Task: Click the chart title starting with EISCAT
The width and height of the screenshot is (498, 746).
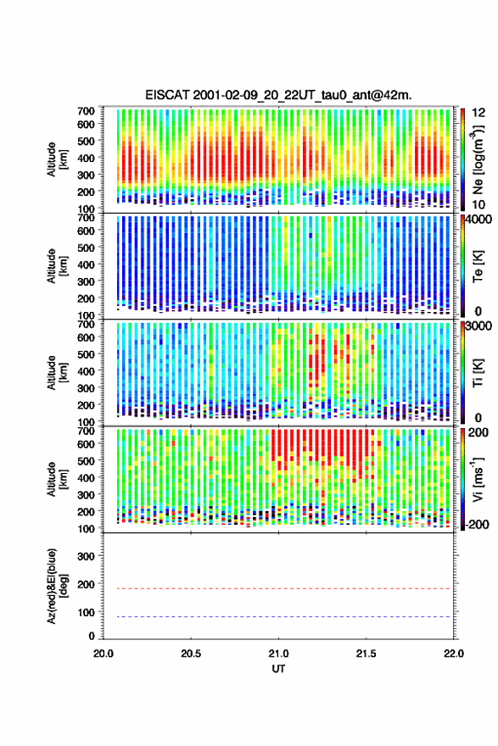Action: (278, 95)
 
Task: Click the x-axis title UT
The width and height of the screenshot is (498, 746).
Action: (278, 669)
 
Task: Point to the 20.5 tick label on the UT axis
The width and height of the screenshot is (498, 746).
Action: (191, 654)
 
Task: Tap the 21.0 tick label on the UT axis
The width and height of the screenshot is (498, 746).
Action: (278, 654)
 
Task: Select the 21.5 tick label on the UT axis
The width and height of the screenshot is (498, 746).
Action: (366, 654)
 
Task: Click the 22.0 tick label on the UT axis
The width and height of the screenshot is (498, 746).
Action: (453, 654)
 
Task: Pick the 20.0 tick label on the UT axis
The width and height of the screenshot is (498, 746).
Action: (104, 654)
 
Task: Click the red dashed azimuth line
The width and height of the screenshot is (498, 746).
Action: (277, 588)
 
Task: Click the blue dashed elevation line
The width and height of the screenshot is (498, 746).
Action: (277, 616)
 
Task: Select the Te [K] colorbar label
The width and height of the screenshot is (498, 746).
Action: (478, 266)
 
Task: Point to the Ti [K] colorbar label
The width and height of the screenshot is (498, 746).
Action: (478, 373)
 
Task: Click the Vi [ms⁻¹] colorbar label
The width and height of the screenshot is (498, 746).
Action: (478, 480)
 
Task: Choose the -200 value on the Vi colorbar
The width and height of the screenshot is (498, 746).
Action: (477, 524)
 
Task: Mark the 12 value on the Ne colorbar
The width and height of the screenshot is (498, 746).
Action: (478, 113)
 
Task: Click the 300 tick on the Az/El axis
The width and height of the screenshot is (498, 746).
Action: (87, 556)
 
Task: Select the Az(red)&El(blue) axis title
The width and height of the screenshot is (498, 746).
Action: (57, 586)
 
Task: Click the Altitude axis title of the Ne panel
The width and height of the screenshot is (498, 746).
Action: (57, 159)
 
